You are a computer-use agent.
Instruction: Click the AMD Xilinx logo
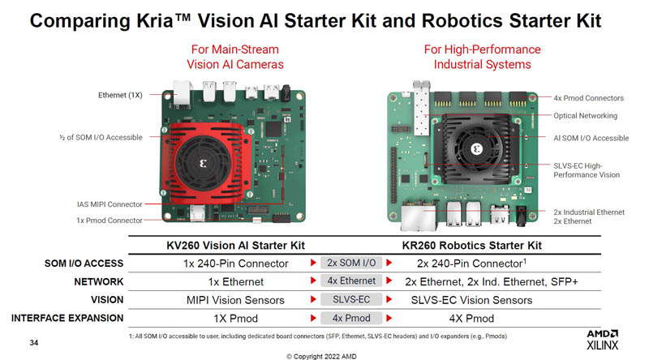coord(602,340)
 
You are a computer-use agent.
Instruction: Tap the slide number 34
coord(34,343)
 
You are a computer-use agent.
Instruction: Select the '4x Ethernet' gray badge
coord(351,281)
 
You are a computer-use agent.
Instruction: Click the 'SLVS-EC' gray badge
coord(351,299)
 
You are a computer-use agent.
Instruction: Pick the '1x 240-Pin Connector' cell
coord(235,264)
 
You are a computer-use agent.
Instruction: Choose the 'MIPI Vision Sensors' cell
coord(235,300)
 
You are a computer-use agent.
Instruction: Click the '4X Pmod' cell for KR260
coord(471,318)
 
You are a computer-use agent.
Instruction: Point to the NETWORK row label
coord(98,282)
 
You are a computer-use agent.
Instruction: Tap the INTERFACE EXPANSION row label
coord(67,318)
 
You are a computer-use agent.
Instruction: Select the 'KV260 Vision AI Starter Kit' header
coord(235,246)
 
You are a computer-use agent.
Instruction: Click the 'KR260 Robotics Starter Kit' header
coord(472,246)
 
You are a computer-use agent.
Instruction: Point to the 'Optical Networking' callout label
coord(585,116)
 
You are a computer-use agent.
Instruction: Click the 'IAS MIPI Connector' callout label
coord(110,204)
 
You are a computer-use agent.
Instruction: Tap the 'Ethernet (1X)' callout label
coord(120,95)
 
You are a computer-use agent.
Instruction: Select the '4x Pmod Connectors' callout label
coord(589,98)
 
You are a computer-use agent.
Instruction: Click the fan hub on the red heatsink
coord(203,164)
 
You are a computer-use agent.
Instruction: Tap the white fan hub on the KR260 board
coord(476,149)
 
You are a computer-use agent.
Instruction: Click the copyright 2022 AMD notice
coord(321,356)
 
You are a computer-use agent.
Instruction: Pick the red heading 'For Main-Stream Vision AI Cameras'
coord(235,57)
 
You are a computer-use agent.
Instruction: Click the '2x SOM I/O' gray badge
coord(351,263)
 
